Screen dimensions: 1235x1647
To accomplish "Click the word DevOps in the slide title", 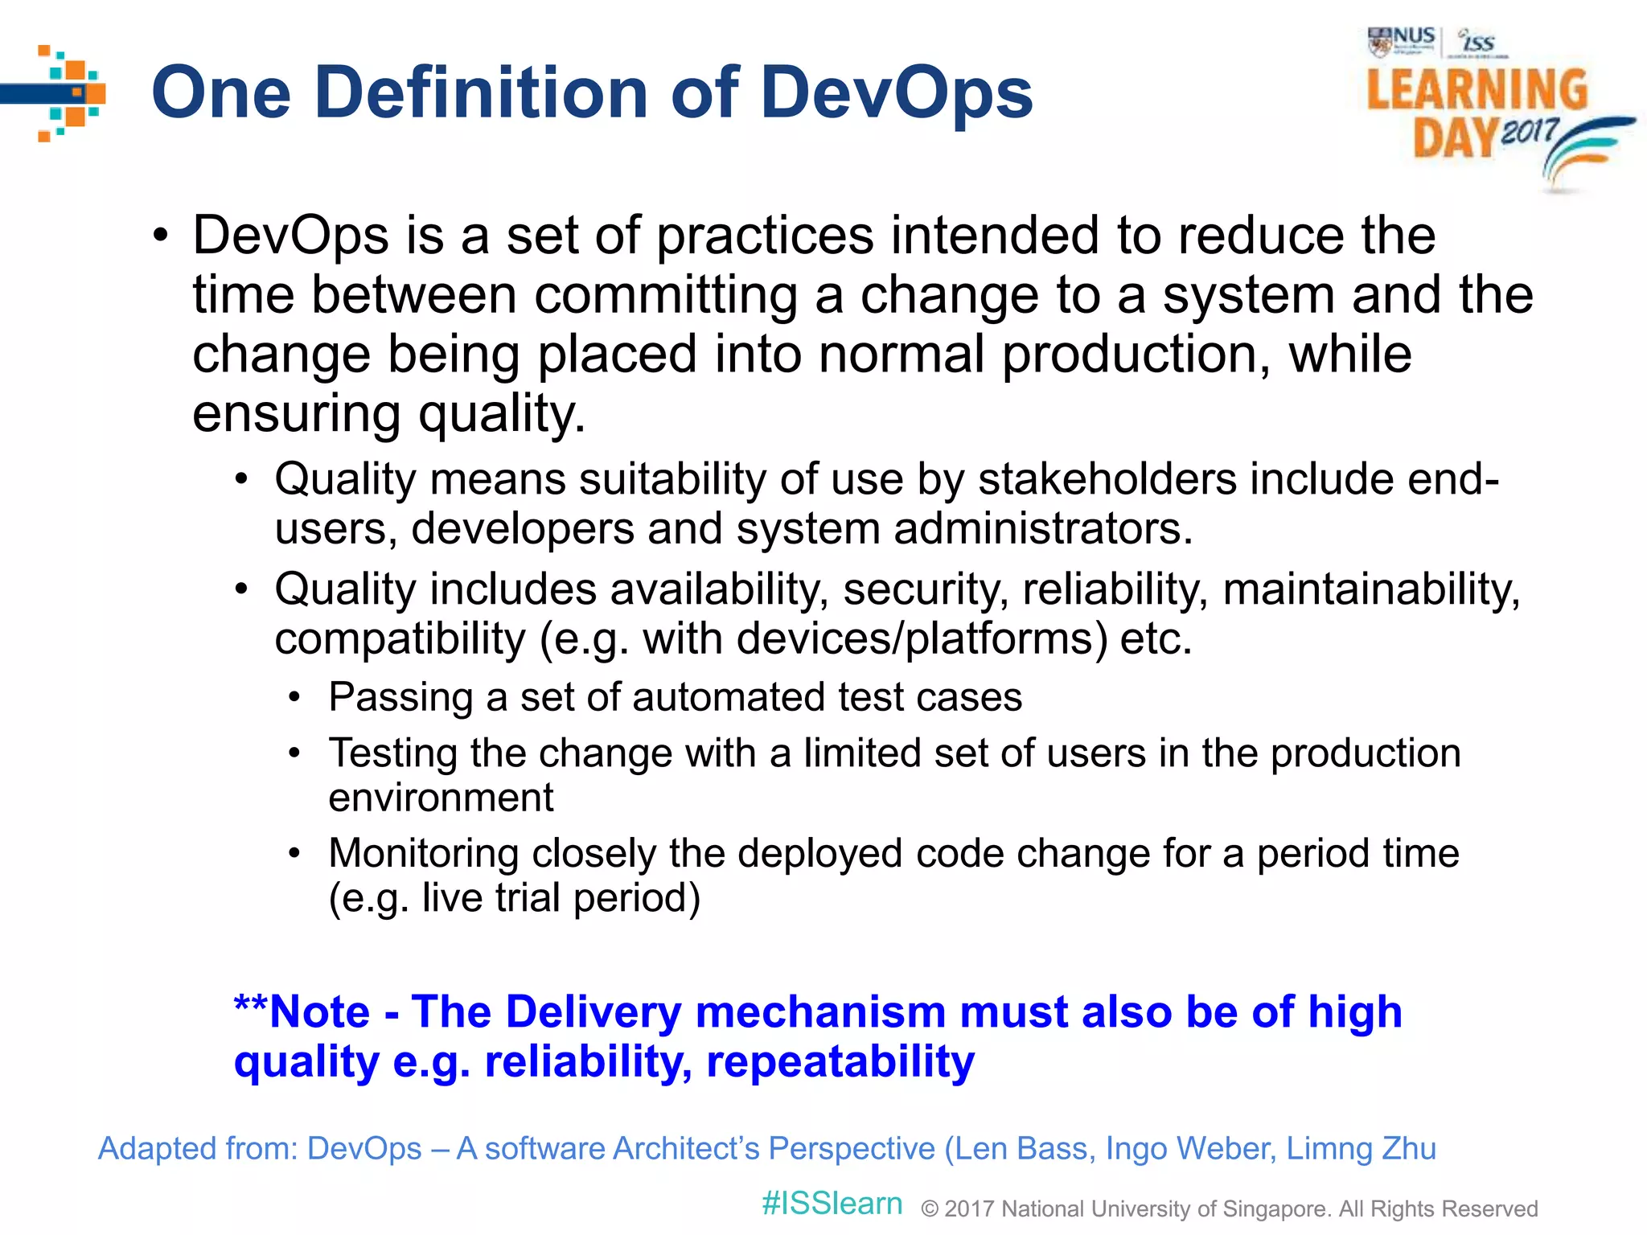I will click(896, 93).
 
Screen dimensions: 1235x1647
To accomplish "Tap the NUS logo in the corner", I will click(1401, 40).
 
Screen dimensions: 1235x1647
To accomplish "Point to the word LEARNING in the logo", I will click(1477, 89).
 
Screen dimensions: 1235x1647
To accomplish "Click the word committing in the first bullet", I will click(666, 295).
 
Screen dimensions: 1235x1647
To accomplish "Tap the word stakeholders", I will click(1107, 479).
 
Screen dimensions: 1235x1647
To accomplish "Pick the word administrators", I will click(1043, 529).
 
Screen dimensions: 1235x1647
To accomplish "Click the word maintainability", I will click(1371, 589).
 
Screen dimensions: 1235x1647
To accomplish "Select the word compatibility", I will click(400, 639).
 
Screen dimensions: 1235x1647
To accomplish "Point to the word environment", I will click(441, 798).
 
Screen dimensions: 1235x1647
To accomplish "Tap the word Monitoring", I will click(424, 853).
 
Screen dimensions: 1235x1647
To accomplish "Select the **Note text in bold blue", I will click(302, 1011).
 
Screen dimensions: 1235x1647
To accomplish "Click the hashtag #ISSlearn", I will click(832, 1204).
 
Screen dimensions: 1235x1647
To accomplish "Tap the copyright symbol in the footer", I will click(930, 1208).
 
